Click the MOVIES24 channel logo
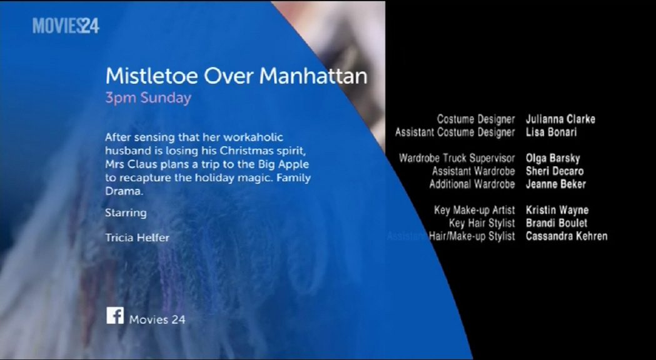(66, 26)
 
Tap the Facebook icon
(115, 315)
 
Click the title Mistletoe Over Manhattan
(236, 76)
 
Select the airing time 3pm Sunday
(148, 98)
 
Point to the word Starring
(126, 213)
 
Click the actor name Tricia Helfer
(137, 237)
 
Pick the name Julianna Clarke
(560, 119)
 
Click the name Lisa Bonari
(551, 132)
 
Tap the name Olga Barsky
(553, 159)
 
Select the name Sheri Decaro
(554, 171)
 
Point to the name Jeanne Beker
(555, 184)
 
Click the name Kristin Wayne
(557, 210)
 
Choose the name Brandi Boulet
(557, 223)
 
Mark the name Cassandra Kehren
(567, 236)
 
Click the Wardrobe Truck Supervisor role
(457, 159)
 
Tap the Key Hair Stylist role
(482, 223)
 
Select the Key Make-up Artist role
(475, 210)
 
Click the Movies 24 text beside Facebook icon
(157, 320)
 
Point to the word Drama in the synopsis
(123, 191)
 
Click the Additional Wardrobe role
(472, 184)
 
